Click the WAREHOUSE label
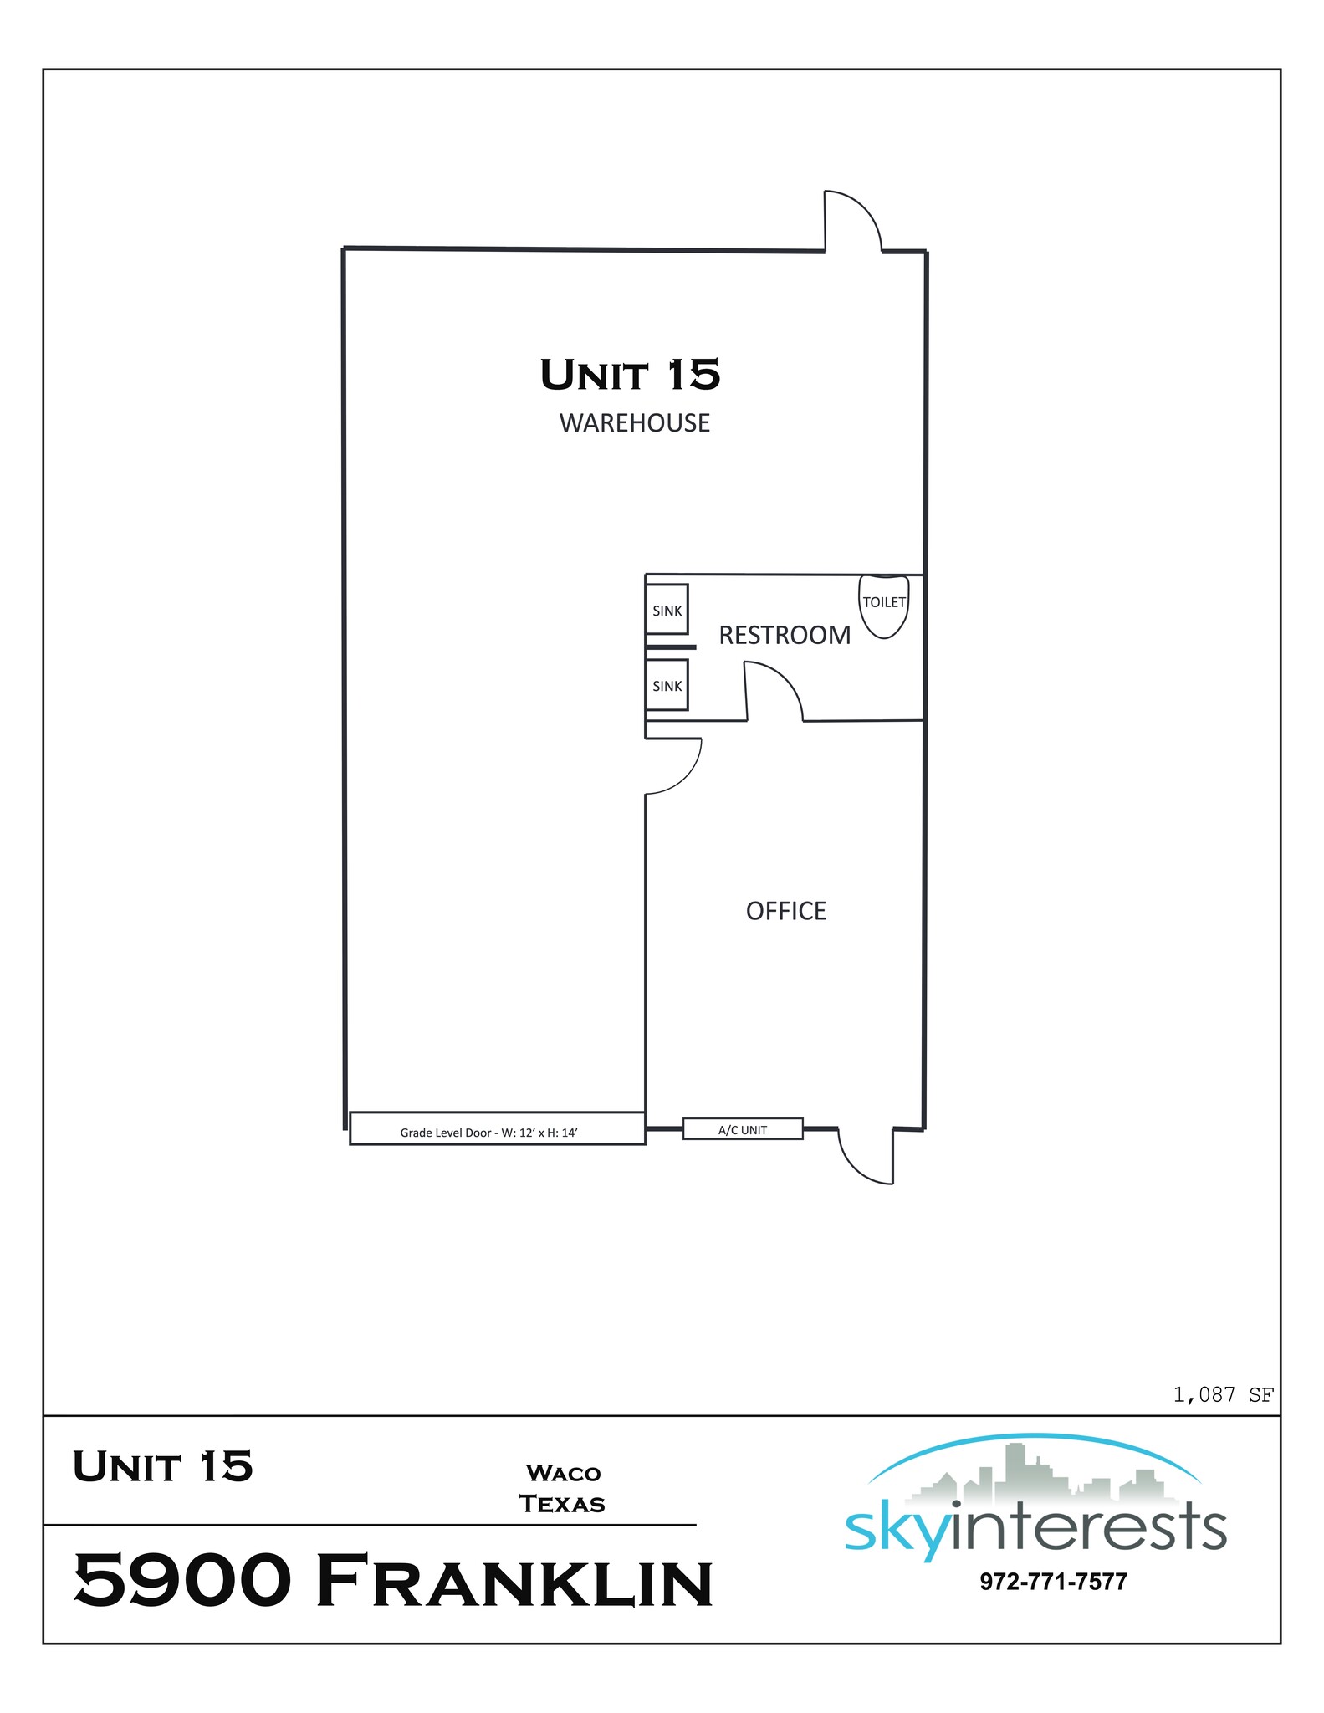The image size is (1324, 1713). [634, 423]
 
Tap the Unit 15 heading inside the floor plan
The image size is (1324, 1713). [630, 375]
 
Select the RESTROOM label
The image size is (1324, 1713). [785, 636]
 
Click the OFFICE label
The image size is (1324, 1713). [785, 911]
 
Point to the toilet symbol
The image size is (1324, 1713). [884, 606]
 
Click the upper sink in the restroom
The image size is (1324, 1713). [667, 610]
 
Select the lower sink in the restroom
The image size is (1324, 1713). [667, 686]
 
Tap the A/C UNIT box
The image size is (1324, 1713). [743, 1129]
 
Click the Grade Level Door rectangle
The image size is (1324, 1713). [497, 1129]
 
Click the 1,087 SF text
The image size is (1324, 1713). [1223, 1395]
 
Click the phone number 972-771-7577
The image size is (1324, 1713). [1053, 1582]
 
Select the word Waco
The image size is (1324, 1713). [563, 1473]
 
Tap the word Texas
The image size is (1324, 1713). [562, 1504]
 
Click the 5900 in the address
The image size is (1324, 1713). [182, 1579]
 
